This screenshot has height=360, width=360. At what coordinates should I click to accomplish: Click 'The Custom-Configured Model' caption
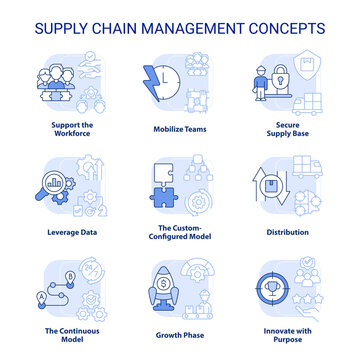tap(180, 235)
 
